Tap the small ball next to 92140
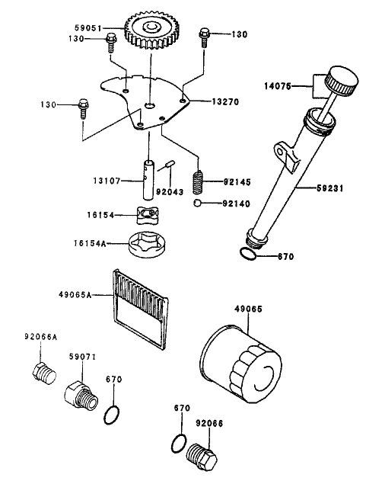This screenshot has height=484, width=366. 197,204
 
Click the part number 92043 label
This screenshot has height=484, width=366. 171,194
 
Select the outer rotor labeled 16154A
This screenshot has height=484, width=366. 148,245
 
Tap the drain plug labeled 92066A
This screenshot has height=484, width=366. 43,373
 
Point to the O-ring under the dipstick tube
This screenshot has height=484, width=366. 249,255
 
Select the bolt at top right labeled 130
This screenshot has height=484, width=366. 204,34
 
